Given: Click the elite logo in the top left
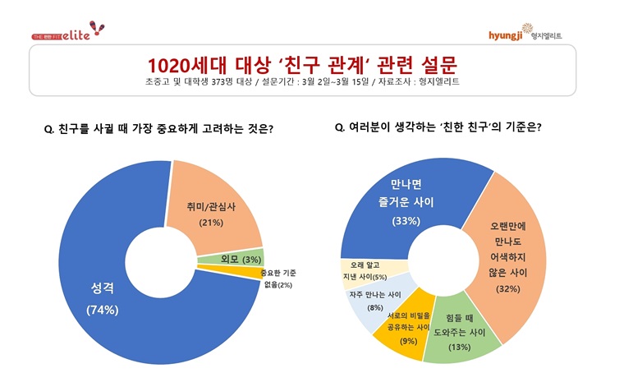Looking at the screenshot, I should (x=69, y=32).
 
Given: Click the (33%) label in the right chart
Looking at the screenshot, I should (x=406, y=221).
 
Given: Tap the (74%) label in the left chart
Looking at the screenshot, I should (x=103, y=310).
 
